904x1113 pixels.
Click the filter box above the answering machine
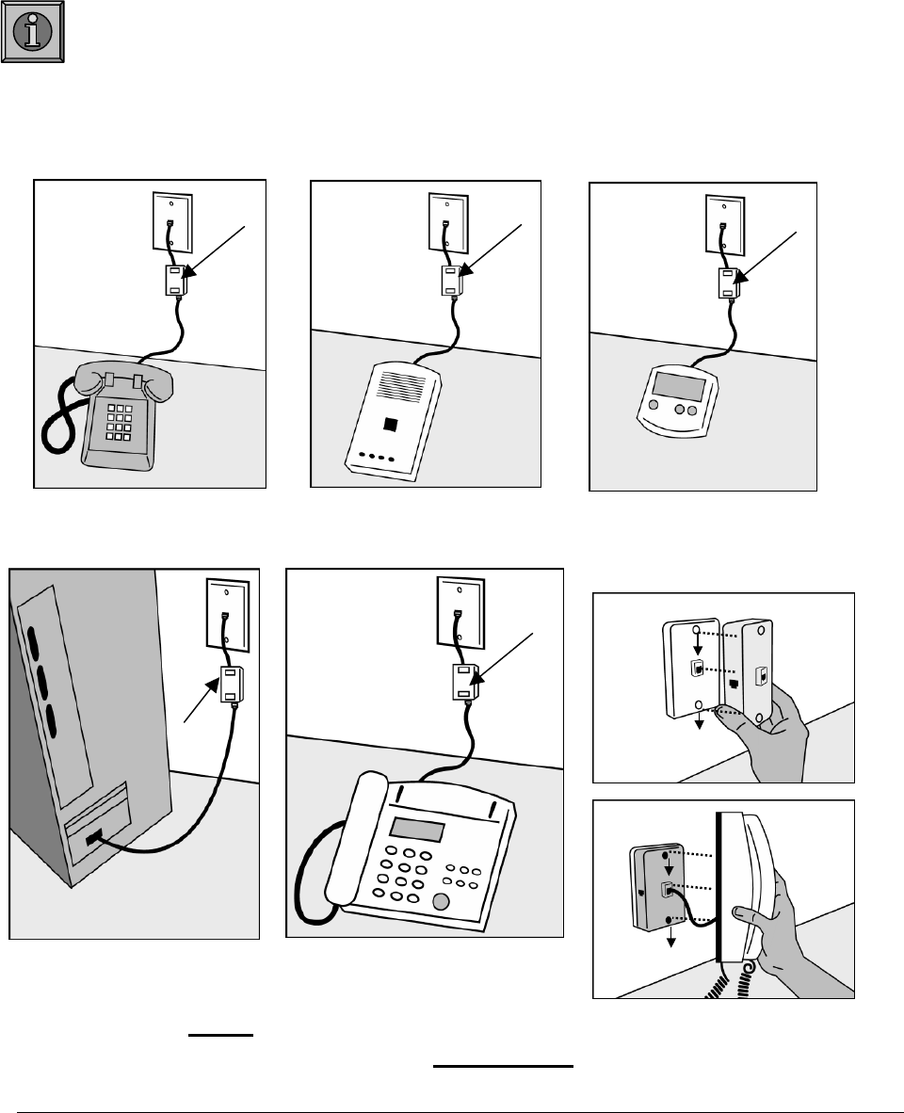click(451, 281)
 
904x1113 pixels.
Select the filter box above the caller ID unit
click(729, 282)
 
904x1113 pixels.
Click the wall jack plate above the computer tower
click(225, 613)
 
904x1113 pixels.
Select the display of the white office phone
click(417, 830)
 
